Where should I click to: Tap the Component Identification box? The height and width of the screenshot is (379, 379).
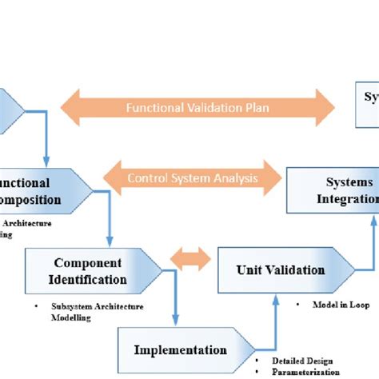pos(88,271)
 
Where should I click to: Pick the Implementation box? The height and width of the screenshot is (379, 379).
pos(179,349)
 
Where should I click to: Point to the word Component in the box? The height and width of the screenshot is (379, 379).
pos(87,262)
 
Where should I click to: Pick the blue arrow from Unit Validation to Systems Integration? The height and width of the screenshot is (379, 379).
pos(370,240)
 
